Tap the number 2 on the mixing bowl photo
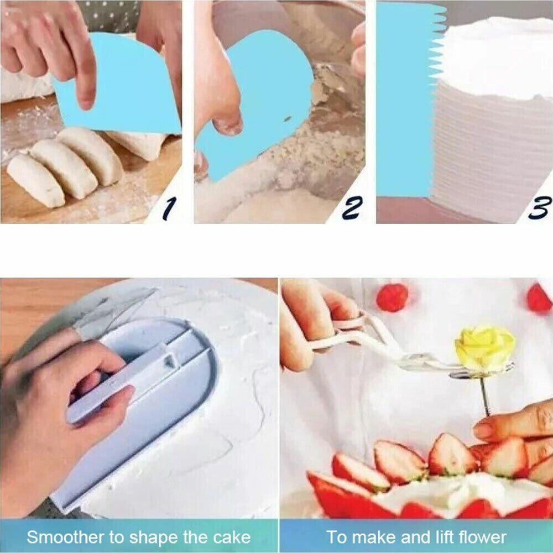coord(352,208)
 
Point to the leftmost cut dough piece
coord(35,181)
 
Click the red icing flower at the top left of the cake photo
coord(392,298)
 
